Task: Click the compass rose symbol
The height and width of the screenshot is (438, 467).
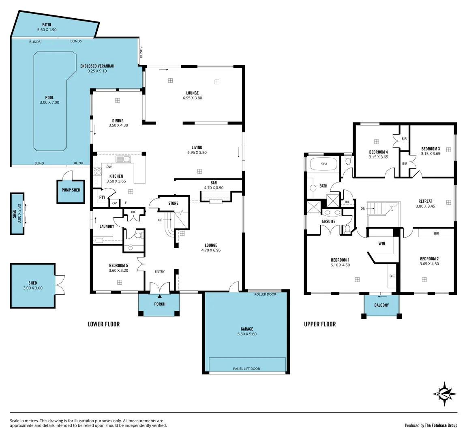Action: (445, 393)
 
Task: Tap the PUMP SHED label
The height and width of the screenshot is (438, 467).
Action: (71, 190)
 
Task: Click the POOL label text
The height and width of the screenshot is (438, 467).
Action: (49, 98)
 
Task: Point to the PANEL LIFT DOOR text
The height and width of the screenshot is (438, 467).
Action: (246, 369)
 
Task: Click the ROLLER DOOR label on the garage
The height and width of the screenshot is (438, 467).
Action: (265, 294)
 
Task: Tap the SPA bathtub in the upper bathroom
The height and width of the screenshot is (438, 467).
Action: (323, 164)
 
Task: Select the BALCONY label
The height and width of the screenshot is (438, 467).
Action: (381, 305)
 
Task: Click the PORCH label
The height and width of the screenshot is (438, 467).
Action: (160, 304)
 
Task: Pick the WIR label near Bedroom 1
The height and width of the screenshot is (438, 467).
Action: (381, 244)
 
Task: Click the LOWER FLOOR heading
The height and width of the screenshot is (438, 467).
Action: (103, 324)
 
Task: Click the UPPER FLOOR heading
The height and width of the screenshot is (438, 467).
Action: (320, 324)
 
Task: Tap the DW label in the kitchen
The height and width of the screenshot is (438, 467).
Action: (109, 167)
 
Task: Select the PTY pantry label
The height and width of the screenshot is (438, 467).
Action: (102, 198)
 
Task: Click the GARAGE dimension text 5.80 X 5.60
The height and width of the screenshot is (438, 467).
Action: (247, 334)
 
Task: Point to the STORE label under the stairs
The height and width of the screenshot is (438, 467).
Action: (173, 203)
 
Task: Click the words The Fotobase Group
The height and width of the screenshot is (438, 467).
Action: (441, 425)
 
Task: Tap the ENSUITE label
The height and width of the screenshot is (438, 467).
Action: (328, 221)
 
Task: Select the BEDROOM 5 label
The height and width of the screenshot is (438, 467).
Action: (118, 265)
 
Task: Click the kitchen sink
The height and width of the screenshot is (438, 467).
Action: (122, 159)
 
